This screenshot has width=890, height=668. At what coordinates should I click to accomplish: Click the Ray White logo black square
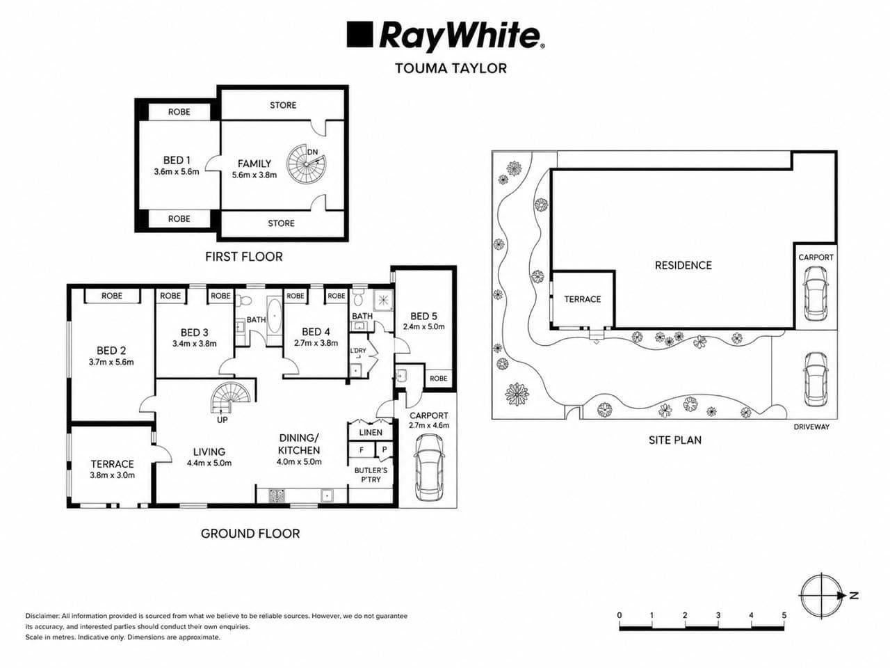click(x=359, y=35)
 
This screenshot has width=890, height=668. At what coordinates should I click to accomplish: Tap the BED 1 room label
click(x=177, y=160)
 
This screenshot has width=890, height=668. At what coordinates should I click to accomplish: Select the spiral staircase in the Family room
click(x=306, y=164)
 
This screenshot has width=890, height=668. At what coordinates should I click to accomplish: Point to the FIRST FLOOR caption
click(x=243, y=257)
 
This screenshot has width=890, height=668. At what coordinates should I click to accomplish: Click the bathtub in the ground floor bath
click(x=275, y=315)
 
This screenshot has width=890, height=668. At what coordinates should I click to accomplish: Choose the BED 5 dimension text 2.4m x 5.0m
click(x=423, y=326)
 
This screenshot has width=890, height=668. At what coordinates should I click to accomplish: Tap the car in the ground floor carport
click(x=428, y=468)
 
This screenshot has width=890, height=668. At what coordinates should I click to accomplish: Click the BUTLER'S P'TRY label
click(x=371, y=475)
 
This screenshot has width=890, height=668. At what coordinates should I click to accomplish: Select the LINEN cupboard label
click(x=371, y=433)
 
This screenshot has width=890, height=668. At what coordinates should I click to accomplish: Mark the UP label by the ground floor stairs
click(x=222, y=420)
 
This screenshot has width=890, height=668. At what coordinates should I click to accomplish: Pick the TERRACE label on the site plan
click(x=582, y=299)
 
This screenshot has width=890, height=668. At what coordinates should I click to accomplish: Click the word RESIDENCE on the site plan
click(x=683, y=266)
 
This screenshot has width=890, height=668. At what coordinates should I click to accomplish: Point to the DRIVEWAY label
click(x=811, y=427)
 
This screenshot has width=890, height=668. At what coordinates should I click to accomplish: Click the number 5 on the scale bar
click(x=784, y=615)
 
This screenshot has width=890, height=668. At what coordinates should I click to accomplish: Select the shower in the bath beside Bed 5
click(x=383, y=301)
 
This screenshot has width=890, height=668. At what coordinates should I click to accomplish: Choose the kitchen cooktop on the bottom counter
click(x=277, y=495)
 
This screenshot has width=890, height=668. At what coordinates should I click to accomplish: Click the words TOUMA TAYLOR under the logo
click(x=451, y=68)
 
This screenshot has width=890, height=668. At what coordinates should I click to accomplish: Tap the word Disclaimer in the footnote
click(x=42, y=616)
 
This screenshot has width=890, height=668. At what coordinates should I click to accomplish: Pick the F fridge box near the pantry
click(x=362, y=450)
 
